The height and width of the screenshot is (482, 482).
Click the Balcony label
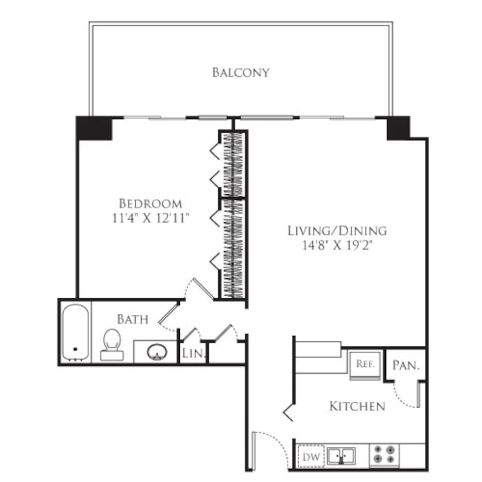pyautogui.click(x=240, y=72)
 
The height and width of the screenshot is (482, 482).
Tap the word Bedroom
pyautogui.click(x=150, y=204)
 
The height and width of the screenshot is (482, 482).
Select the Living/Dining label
pyautogui.click(x=337, y=231)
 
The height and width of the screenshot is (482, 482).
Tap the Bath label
pyautogui.click(x=133, y=319)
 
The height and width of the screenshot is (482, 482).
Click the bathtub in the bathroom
pyautogui.click(x=75, y=332)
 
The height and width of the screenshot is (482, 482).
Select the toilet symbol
pyautogui.click(x=112, y=344)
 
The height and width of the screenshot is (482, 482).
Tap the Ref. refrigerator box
pyautogui.click(x=365, y=365)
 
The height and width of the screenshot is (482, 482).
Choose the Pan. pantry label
pyautogui.click(x=405, y=366)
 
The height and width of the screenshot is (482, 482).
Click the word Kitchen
pyautogui.click(x=357, y=406)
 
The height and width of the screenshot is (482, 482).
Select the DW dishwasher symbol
pyautogui.click(x=308, y=457)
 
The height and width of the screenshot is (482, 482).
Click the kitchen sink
pyautogui.click(x=341, y=456)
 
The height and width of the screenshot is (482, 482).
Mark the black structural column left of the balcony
pyautogui.click(x=93, y=128)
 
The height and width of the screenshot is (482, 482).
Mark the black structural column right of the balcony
pyautogui.click(x=398, y=128)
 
